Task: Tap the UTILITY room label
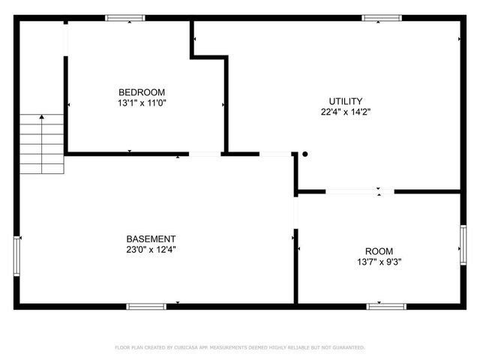coord(346,101)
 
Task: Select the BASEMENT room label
coord(151,238)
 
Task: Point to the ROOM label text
coord(379,251)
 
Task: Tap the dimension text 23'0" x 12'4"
coord(151,249)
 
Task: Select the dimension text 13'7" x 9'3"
coord(379,262)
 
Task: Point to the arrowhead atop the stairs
coord(41,117)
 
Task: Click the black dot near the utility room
coord(304,154)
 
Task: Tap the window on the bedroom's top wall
coord(125,18)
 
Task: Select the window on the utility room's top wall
coord(382,18)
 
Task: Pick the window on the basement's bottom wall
coord(146,306)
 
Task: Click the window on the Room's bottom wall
coord(386,306)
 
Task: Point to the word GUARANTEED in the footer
coord(346,347)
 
